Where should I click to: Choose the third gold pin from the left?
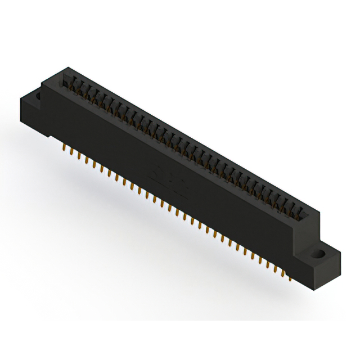(x=78, y=155)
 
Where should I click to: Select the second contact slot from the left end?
(x=78, y=87)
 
